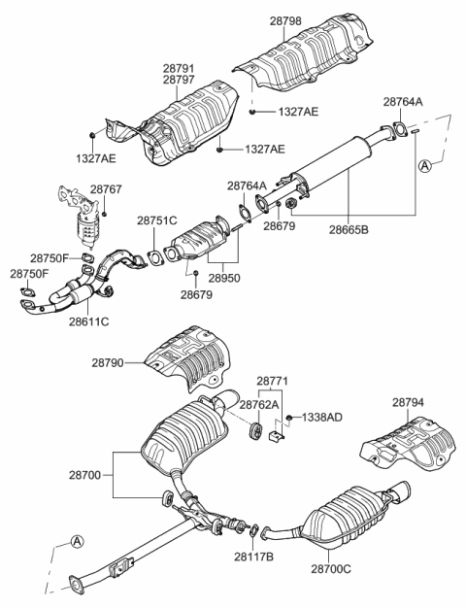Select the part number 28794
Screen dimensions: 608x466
click(x=411, y=401)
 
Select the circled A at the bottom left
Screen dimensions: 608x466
click(x=77, y=542)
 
